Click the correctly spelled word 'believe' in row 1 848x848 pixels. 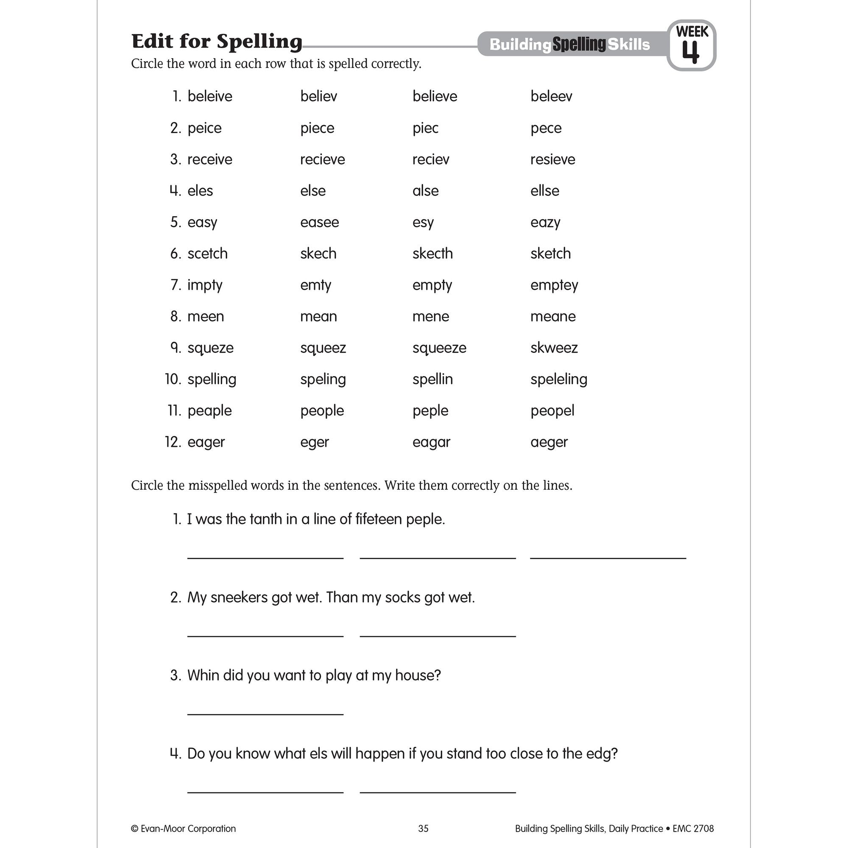[435, 96]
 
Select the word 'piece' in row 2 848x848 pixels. [317, 128]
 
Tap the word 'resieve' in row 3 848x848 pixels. [552, 159]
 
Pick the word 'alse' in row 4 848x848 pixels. [425, 190]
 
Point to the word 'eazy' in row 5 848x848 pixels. [545, 222]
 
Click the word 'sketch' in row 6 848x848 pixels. [550, 253]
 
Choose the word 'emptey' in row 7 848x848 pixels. [554, 285]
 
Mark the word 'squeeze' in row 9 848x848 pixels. [439, 348]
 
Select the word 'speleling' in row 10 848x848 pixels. [558, 379]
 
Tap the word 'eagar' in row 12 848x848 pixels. [431, 442]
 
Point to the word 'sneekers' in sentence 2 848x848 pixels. [239, 597]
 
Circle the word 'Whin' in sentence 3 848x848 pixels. [203, 675]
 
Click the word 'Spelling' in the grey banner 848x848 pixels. [579, 45]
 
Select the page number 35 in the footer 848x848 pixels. [423, 828]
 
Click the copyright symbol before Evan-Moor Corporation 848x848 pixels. [135, 828]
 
